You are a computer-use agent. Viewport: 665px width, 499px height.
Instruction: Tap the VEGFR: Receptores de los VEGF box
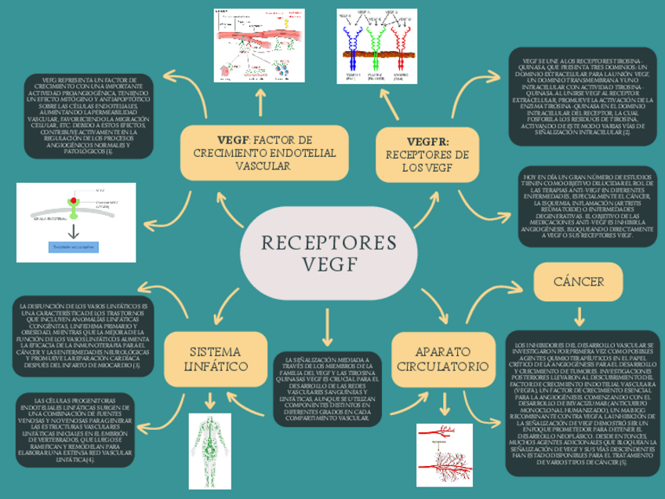[x=427, y=154]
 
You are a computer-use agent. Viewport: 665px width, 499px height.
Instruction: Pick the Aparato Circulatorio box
[x=443, y=359]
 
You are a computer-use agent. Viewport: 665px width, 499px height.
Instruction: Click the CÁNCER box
[x=578, y=281]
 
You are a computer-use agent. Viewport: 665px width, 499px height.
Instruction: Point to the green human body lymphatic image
[x=209, y=445]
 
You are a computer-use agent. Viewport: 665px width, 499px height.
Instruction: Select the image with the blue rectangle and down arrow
[x=76, y=222]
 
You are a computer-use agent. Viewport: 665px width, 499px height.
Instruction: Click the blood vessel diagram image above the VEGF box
[x=260, y=46]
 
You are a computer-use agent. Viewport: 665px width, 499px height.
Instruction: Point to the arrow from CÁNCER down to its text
[x=579, y=316]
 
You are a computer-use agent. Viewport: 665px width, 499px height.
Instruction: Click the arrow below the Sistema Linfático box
[x=209, y=399]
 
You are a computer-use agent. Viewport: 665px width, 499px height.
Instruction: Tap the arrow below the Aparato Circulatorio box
[x=445, y=404]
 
